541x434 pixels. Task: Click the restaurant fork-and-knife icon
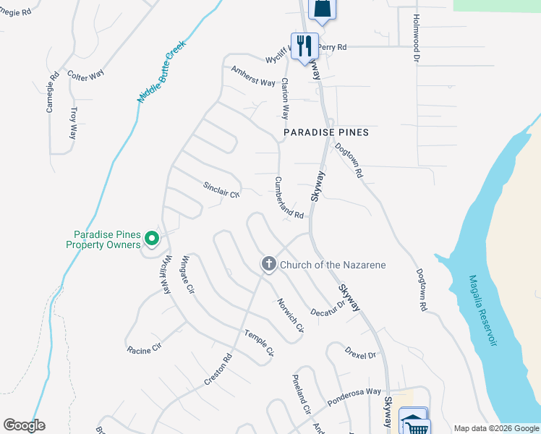(304, 45)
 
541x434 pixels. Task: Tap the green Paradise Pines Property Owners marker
(151, 237)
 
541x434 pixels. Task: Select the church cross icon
(268, 265)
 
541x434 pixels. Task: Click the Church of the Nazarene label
(333, 265)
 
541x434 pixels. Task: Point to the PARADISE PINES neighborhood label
(326, 132)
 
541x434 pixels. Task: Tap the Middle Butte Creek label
(162, 70)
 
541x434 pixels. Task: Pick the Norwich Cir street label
(291, 316)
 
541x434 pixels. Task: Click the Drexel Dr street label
(361, 354)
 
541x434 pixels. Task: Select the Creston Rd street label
(217, 369)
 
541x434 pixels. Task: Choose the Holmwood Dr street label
(416, 37)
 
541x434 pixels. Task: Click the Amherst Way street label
(253, 76)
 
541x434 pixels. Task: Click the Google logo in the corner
(24, 425)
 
